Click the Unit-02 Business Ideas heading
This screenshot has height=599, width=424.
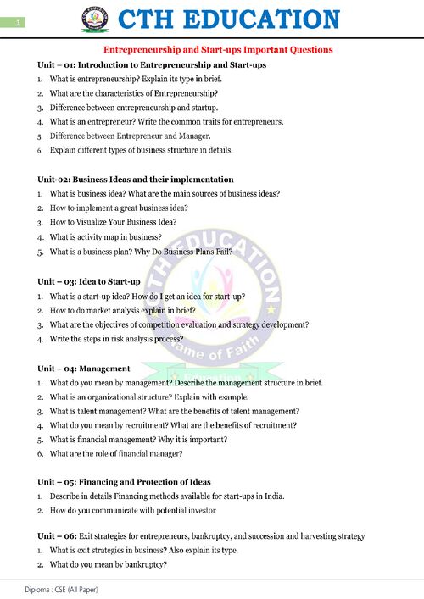[135, 180]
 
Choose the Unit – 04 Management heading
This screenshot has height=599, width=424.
[83, 369]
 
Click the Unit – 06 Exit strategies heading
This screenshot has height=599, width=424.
[201, 536]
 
